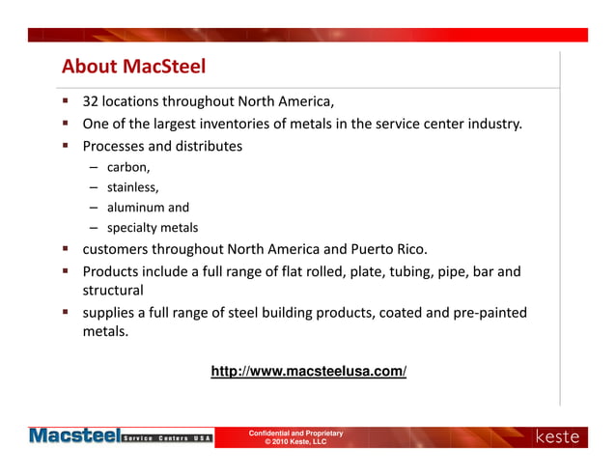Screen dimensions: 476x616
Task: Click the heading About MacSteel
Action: pos(134,67)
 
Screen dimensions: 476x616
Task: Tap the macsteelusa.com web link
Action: pos(308,371)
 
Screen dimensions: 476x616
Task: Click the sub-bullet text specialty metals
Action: pos(153,228)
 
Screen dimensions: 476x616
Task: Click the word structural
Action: pos(113,290)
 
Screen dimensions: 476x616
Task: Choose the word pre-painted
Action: pos(488,313)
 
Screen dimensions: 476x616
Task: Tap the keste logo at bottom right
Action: pos(557,437)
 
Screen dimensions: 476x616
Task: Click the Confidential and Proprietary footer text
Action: pos(295,434)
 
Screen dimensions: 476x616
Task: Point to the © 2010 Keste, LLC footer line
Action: pos(295,442)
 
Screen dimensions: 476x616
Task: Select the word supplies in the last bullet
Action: pos(111,313)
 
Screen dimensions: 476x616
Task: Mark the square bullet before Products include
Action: pos(66,270)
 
